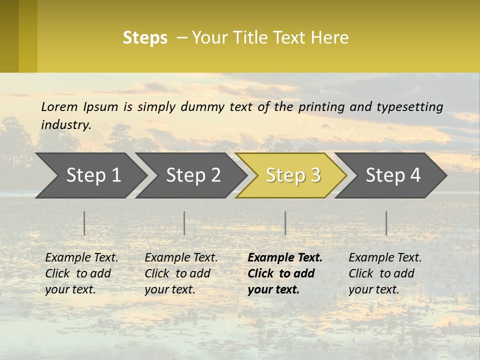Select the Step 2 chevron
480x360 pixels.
tap(193, 175)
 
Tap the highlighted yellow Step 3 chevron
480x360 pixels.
tap(293, 175)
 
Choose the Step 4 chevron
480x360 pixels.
tap(393, 175)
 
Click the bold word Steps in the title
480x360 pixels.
tap(145, 38)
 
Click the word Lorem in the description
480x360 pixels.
tap(59, 107)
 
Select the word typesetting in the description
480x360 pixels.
tap(411, 107)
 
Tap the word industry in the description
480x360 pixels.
tap(65, 125)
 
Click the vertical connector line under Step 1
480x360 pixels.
tap(84, 223)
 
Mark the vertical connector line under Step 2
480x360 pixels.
tap(184, 223)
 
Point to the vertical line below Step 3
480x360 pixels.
tap(285, 223)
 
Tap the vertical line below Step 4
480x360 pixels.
tap(386, 223)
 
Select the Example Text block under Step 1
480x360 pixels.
tap(81, 273)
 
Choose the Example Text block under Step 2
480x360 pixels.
tap(181, 273)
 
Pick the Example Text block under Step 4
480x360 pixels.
tap(385, 273)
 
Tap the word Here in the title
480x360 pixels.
tap(329, 38)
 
